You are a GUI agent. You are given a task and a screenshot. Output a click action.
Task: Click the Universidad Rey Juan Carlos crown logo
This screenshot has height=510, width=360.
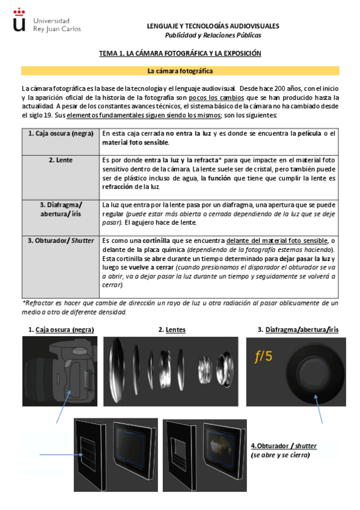point(19,20)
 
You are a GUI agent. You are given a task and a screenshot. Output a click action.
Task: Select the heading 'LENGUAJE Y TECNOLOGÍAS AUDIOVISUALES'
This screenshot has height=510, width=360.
point(213,26)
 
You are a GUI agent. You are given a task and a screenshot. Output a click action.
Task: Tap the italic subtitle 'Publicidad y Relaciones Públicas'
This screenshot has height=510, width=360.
point(213,35)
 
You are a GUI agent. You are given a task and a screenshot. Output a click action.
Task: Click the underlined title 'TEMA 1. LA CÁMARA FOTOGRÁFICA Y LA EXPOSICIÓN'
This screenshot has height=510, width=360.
point(180,54)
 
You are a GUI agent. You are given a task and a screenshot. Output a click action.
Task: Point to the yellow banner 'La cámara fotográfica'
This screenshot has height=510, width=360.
point(180,71)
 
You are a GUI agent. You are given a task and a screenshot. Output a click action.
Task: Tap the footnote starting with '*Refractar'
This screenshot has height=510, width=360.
point(180,308)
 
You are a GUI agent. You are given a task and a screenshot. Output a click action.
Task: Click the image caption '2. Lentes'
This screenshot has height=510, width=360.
point(172,330)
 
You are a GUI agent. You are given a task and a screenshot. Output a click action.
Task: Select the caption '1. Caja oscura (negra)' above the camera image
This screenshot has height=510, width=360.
point(61,330)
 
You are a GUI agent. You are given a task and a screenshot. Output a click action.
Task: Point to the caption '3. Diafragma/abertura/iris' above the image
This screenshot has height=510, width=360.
point(298,330)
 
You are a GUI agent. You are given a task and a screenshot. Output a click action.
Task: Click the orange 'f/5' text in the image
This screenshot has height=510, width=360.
point(263,357)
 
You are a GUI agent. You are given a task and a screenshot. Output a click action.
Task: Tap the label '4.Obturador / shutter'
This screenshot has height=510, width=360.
point(283,446)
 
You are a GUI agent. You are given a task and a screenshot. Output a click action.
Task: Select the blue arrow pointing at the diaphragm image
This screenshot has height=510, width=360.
point(320,409)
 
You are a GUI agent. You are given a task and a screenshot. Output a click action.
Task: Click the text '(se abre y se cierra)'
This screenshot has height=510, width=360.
point(280,455)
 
